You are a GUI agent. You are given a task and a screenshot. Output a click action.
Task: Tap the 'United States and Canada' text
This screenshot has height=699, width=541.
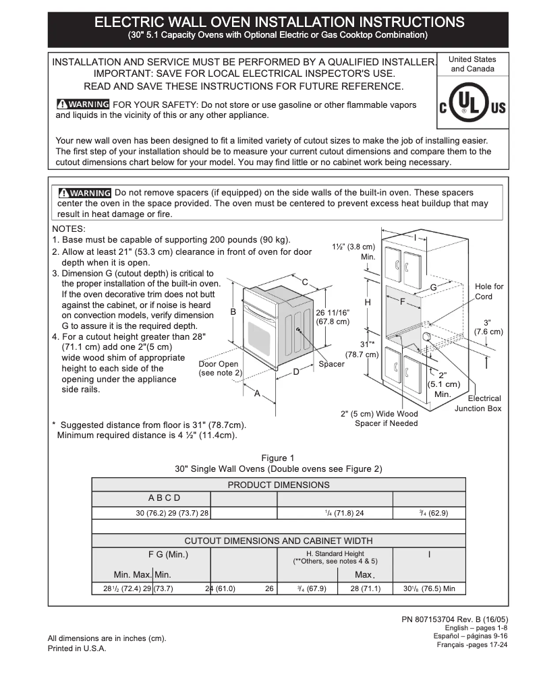[472, 64]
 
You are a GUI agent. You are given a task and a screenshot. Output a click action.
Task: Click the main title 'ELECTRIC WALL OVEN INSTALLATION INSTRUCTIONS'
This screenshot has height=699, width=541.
[279, 22]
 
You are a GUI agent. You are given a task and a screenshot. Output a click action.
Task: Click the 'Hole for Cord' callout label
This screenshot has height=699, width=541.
[489, 291]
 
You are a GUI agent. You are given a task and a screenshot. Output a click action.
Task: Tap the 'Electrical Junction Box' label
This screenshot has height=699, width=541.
[478, 403]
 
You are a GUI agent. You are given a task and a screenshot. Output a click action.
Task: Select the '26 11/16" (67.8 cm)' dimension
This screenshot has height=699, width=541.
[333, 317]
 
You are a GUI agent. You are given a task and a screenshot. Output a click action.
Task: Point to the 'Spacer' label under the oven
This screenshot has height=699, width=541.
[331, 364]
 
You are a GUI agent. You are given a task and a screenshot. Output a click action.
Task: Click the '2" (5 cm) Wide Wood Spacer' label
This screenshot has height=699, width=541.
[379, 419]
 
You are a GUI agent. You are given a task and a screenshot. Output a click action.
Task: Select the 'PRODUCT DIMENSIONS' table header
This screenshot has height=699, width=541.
[279, 485]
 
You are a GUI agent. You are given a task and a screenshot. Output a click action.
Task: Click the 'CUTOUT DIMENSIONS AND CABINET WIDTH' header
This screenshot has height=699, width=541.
[279, 541]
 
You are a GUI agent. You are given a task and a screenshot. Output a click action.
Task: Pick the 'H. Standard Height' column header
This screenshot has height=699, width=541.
[335, 557]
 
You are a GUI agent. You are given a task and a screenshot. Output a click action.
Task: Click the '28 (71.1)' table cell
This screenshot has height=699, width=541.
[365, 588]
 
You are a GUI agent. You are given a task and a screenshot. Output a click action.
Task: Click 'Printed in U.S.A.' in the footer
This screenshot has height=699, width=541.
[77, 648]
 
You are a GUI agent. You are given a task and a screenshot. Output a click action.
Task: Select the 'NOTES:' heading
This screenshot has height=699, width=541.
[69, 229]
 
